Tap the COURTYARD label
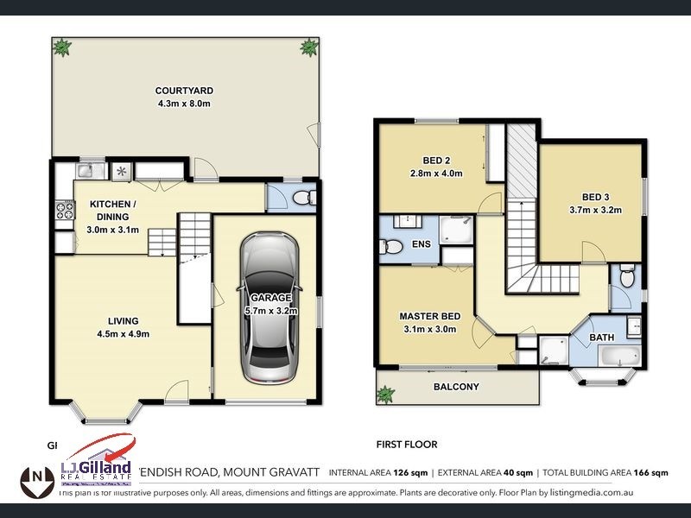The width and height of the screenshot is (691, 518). coord(184,91)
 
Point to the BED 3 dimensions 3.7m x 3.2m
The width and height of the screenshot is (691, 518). coord(596,210)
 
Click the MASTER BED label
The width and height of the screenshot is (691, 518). coord(423,315)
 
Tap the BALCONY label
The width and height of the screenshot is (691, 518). coord(456,387)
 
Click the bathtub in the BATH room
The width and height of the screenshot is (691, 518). coord(616,357)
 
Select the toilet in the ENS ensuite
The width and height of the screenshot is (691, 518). coord(391,248)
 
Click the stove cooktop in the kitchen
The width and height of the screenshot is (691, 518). coord(64,209)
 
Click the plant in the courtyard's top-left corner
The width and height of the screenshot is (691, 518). coord(62,47)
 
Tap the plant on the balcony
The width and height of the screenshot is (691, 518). coord(384,394)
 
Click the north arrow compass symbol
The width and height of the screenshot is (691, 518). coord(35,477)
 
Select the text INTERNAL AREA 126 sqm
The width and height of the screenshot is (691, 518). coord(378,472)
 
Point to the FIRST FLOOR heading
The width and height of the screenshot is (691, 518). coord(406,445)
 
